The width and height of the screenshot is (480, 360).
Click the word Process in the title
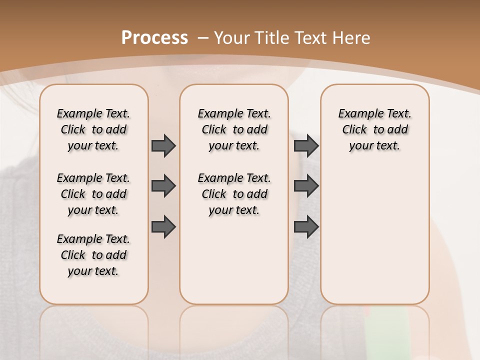[x=154, y=38]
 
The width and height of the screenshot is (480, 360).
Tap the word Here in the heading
[x=352, y=38]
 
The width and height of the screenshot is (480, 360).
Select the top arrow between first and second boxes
[x=163, y=145]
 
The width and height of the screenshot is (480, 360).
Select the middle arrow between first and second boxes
[x=163, y=186]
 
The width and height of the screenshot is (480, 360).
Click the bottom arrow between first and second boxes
[x=163, y=227]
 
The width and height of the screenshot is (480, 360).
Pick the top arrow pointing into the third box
[x=306, y=145]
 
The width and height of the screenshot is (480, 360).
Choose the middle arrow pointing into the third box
[x=306, y=186]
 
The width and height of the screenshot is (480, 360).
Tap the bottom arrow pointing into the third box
[x=306, y=227]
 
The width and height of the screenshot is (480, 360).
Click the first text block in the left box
[x=93, y=129]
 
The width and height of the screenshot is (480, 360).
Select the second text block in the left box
[x=93, y=194]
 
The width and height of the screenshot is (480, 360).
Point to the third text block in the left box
[x=93, y=255]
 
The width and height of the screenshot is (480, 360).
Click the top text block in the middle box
[x=234, y=129]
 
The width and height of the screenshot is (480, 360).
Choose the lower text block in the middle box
[x=234, y=194]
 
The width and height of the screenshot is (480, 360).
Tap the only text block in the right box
[x=374, y=129]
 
